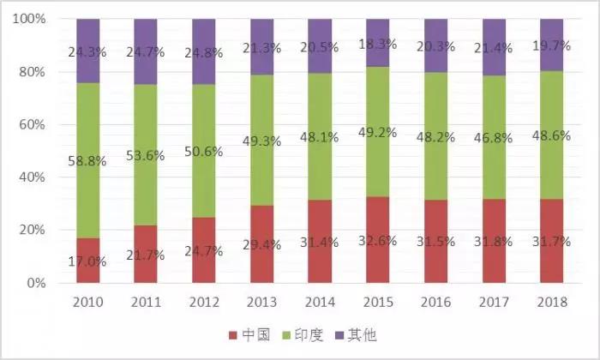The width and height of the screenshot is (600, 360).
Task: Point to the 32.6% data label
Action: [378, 241]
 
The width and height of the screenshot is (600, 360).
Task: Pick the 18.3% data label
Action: [378, 43]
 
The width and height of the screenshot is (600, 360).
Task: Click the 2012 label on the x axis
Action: [204, 302]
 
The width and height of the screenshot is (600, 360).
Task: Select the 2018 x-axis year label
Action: [552, 302]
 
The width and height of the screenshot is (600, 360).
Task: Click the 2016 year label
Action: [436, 302]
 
